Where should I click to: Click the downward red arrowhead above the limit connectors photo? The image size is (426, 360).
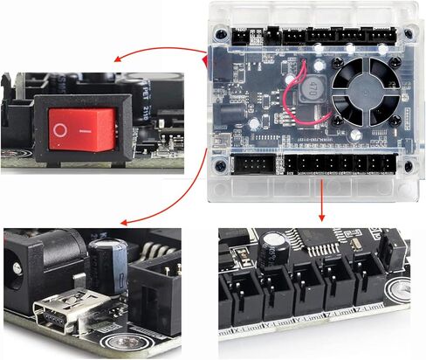point(323,216)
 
